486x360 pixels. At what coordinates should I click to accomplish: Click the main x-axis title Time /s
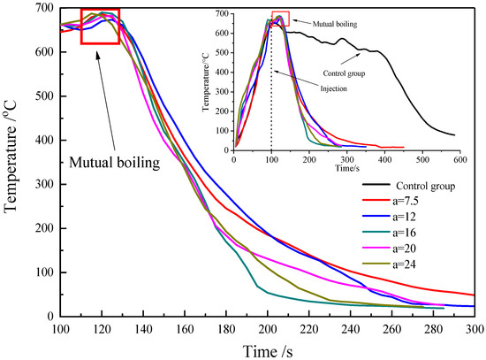[268, 349]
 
